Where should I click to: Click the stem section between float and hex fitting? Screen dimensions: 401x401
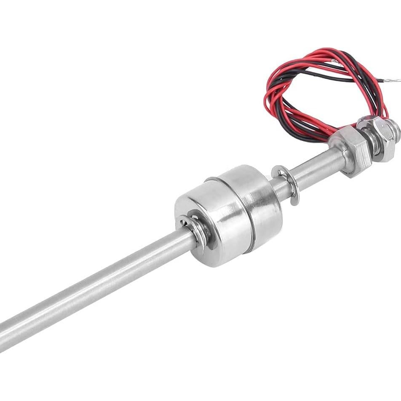coord(312,168)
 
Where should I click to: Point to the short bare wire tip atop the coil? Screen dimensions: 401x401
coord(335,61)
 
